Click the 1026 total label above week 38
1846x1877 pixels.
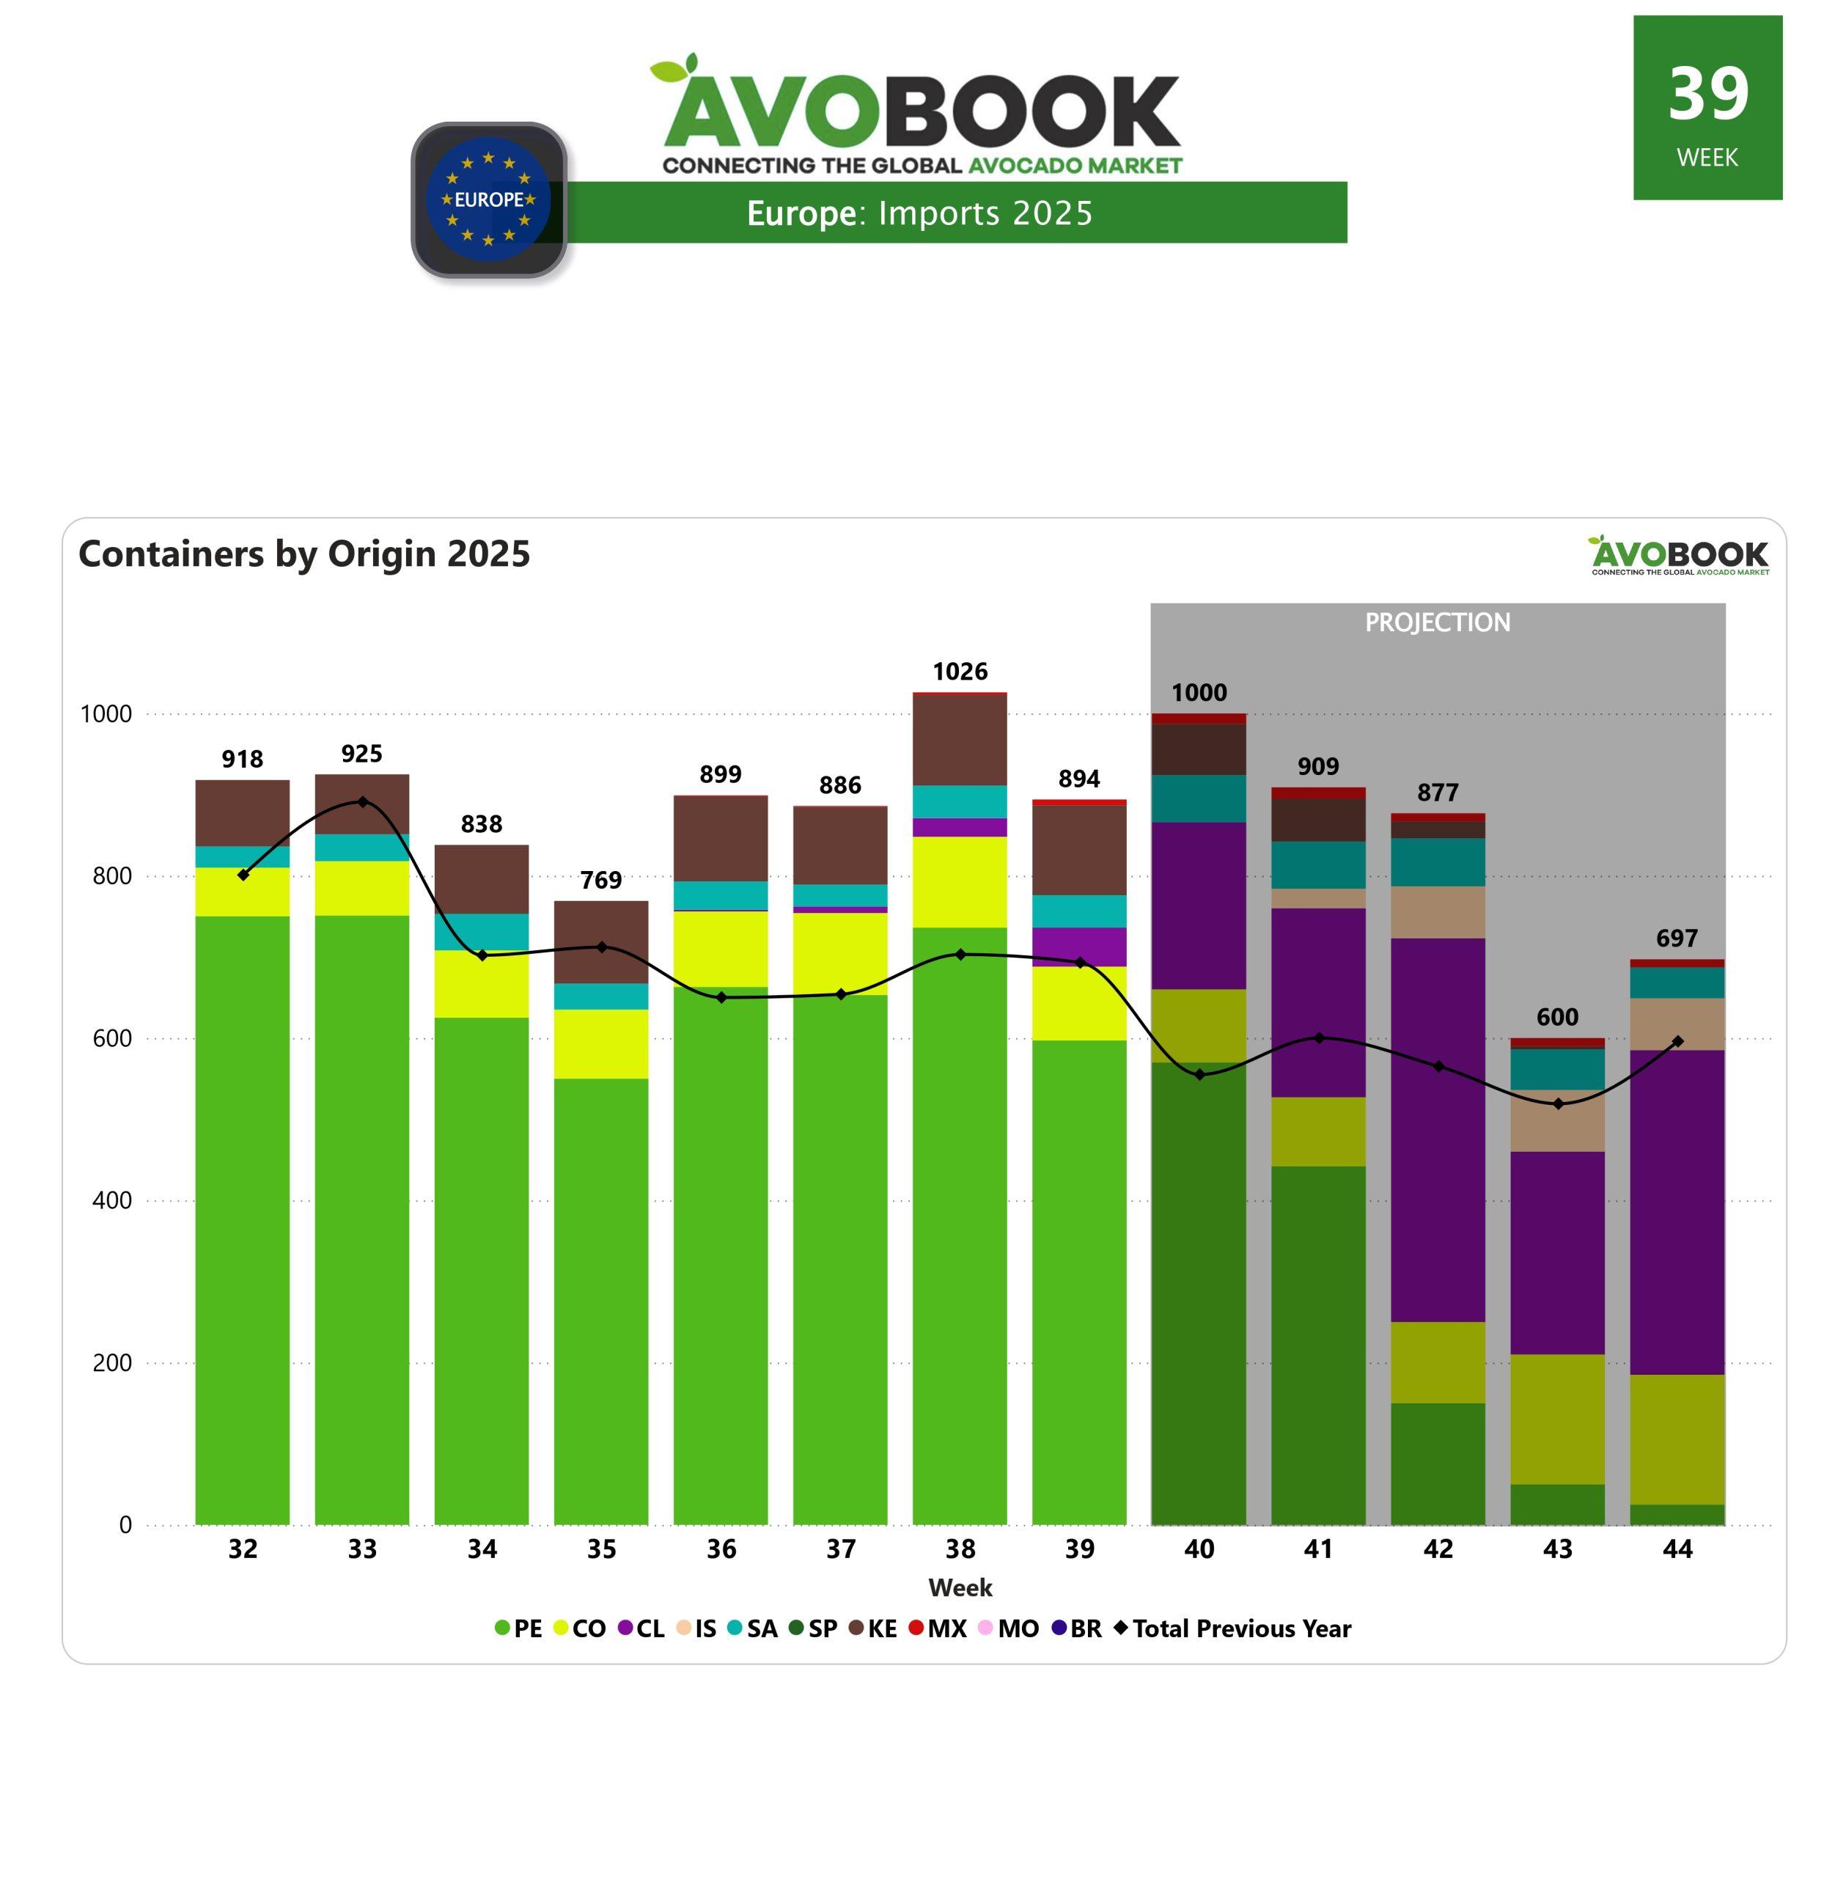click(x=960, y=672)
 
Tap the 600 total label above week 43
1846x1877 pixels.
click(x=1557, y=1017)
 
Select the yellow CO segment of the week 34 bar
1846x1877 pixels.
click(x=481, y=983)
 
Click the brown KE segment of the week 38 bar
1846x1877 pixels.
click(x=960, y=740)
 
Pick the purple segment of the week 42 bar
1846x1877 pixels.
click(x=1438, y=1129)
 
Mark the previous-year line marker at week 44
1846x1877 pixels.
click(x=1677, y=1041)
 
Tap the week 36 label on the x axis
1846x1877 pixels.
click(x=721, y=1549)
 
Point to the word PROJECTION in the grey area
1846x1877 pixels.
click(x=1437, y=622)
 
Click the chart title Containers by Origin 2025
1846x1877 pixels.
click(x=304, y=554)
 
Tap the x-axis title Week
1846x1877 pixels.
click(x=960, y=1588)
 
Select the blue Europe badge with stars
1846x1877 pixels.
click(x=489, y=199)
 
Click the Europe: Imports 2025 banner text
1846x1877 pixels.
click(x=919, y=213)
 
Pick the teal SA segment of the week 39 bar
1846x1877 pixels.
click(x=1079, y=911)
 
